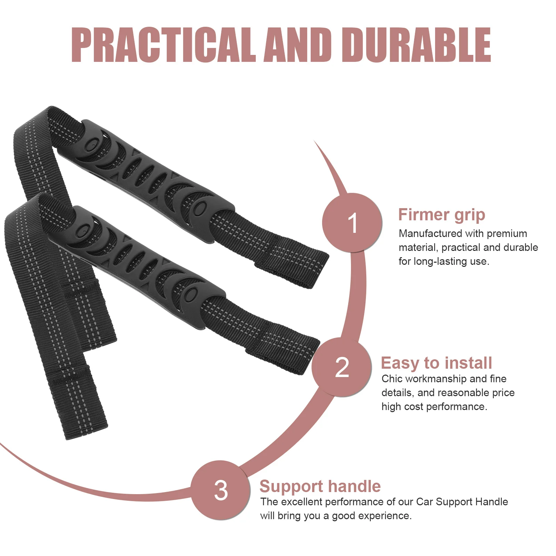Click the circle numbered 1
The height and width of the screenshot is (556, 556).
[352, 223]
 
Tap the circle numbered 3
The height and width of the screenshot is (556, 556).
[221, 490]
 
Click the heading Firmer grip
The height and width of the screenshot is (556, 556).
[441, 215]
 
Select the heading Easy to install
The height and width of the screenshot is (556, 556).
[436, 363]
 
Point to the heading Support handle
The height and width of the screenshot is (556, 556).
[320, 486]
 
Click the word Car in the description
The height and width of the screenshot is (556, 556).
[424, 502]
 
